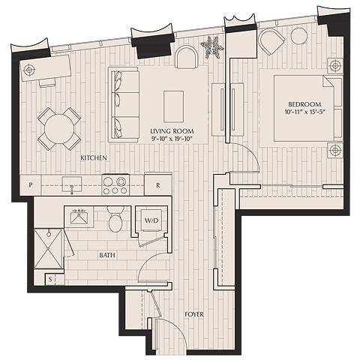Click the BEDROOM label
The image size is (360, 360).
click(304, 104)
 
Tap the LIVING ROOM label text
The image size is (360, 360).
click(172, 131)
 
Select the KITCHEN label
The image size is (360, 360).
click(94, 157)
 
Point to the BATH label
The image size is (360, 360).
click(107, 255)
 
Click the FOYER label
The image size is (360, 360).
click(194, 314)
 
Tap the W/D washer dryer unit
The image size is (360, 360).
click(151, 220)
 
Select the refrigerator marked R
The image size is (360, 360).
click(158, 184)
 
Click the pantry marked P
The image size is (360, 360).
click(31, 185)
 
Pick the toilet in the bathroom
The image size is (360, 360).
click(115, 219)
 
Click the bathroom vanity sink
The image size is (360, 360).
click(79, 217)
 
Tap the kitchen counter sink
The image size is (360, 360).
click(72, 185)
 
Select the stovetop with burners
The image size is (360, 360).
click(115, 185)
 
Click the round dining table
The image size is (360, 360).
click(59, 128)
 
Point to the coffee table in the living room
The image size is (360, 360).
click(173, 106)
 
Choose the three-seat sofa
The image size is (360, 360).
click(124, 104)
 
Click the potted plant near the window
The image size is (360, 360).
click(212, 47)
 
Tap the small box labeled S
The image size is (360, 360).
click(50, 279)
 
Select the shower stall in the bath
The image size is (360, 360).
click(49, 248)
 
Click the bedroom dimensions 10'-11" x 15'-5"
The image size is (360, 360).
click(305, 112)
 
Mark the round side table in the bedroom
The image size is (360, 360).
click(299, 36)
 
